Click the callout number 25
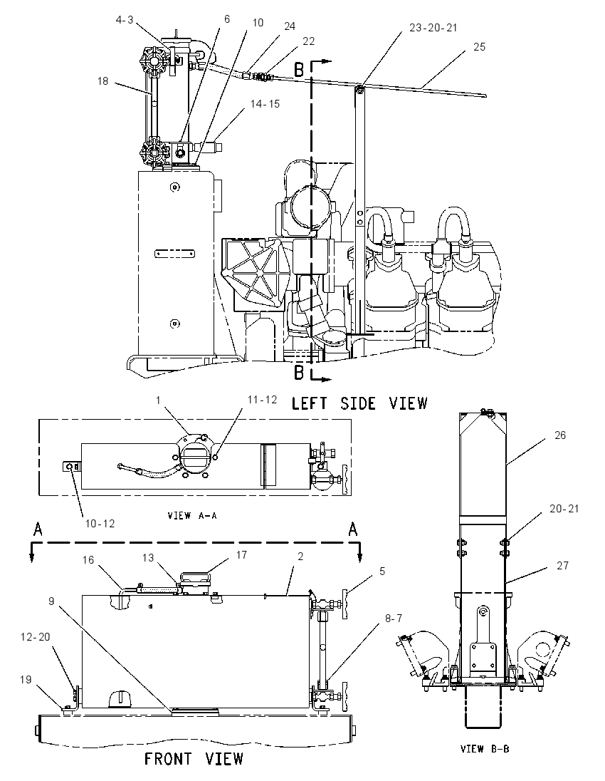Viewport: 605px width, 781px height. (x=479, y=47)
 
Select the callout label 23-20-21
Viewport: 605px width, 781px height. (x=433, y=28)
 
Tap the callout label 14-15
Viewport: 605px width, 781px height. (x=265, y=103)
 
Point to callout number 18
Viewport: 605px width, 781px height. (x=102, y=81)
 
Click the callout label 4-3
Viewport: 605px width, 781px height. (x=125, y=19)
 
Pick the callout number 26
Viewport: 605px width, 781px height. (x=560, y=435)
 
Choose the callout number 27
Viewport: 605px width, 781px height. (x=563, y=565)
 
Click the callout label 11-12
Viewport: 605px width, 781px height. (x=262, y=400)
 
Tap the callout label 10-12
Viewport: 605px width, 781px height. (x=100, y=524)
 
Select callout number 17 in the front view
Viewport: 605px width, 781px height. (x=241, y=555)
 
